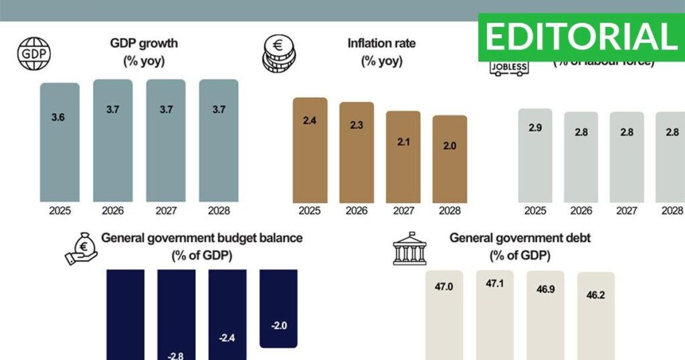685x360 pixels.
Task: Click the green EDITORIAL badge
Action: click(581, 36)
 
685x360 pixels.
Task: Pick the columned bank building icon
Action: click(409, 250)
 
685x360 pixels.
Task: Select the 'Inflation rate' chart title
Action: click(381, 43)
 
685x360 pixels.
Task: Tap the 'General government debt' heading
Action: click(520, 238)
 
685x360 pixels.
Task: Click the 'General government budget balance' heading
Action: click(201, 238)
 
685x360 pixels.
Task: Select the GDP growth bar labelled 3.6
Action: click(60, 142)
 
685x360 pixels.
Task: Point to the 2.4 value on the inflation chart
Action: click(310, 120)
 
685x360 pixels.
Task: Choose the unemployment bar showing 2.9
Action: click(535, 155)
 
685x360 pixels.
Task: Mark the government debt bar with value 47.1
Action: click(495, 314)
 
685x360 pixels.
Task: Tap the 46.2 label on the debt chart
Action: click(595, 294)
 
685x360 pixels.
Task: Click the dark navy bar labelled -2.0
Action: click(278, 308)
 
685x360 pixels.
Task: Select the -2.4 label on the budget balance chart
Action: click(227, 338)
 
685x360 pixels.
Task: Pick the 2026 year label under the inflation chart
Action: click(356, 211)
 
